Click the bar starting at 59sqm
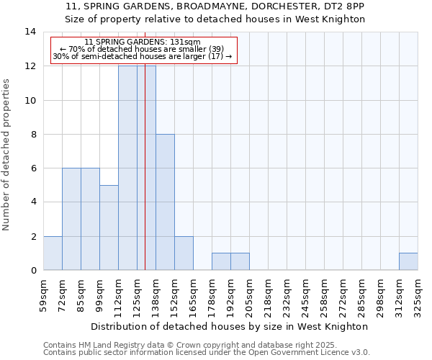click(x=53, y=253)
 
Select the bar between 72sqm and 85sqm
click(x=71, y=219)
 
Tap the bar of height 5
click(x=109, y=228)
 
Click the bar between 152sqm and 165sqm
click(x=184, y=253)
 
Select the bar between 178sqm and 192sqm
click(x=221, y=261)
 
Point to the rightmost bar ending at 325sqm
click(x=408, y=261)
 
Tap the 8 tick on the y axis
click(x=32, y=134)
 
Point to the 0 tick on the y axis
click(x=32, y=270)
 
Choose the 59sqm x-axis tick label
click(x=43, y=295)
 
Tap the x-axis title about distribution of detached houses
click(x=230, y=326)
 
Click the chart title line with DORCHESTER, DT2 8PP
click(x=215, y=6)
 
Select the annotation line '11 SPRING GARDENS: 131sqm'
click(x=143, y=42)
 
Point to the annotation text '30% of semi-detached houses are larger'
click(x=143, y=56)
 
